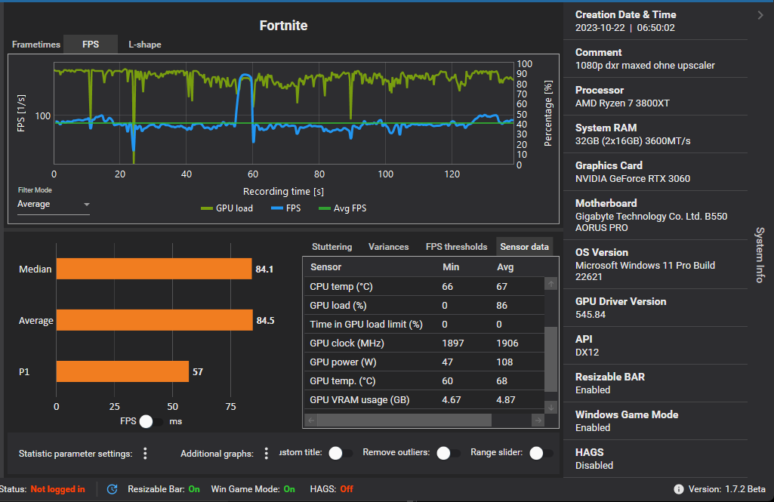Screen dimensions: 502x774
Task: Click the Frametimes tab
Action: point(35,45)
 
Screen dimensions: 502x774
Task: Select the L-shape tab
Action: point(144,45)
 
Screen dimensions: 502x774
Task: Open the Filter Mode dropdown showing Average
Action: point(54,205)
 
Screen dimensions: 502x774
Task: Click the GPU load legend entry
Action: point(227,208)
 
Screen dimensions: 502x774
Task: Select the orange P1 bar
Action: point(122,371)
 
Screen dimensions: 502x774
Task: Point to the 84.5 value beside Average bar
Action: point(265,321)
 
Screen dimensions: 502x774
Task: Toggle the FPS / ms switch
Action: point(151,421)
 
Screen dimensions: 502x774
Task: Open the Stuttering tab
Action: point(331,247)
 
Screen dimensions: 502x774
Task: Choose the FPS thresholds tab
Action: point(456,247)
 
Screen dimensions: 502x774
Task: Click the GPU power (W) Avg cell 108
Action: point(505,362)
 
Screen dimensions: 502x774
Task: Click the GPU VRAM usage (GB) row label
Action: point(359,399)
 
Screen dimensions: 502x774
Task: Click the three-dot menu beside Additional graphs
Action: point(266,454)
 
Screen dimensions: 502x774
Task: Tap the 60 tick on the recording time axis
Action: point(253,174)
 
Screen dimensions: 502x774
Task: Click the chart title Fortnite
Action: point(283,26)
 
